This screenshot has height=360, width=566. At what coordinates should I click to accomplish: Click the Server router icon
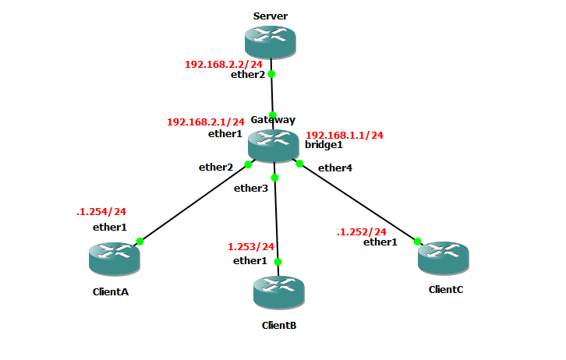271,41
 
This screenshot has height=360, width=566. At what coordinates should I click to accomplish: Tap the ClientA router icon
114,258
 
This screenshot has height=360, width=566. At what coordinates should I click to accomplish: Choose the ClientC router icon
444,257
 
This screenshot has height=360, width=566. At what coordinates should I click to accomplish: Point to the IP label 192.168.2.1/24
206,122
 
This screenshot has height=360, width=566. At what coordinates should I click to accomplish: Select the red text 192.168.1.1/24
345,135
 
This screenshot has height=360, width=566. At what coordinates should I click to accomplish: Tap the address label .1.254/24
101,211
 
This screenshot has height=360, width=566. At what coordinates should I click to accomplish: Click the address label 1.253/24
251,247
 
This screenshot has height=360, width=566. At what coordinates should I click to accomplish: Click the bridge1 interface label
324,146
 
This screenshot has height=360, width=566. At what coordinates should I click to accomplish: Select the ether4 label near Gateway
335,168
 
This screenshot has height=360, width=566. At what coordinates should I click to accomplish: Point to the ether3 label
251,188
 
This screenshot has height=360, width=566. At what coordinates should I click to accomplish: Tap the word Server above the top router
271,16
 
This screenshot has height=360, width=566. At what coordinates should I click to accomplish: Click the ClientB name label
278,325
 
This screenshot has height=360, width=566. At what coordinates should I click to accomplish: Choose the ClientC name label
446,289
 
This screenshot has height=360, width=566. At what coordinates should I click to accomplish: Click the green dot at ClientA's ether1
140,241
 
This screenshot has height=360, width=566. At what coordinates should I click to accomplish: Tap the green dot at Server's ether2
271,75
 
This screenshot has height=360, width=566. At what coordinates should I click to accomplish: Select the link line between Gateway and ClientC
359,203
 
